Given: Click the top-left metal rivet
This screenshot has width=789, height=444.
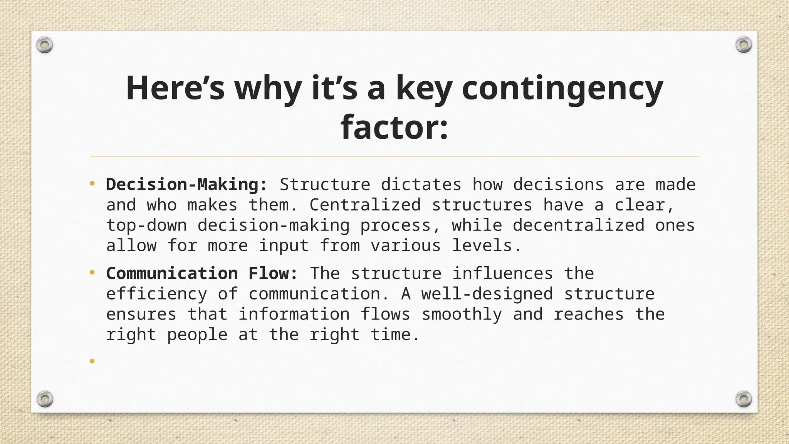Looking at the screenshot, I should click(x=45, y=45).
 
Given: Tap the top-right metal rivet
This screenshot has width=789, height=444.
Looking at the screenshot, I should click(x=744, y=45).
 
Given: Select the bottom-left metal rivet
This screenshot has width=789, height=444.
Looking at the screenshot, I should click(x=45, y=399).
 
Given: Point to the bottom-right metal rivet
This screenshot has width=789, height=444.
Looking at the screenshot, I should click(x=744, y=399).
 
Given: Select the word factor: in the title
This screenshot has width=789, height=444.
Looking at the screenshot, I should click(x=394, y=128).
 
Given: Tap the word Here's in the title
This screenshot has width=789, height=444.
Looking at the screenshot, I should click(x=175, y=89).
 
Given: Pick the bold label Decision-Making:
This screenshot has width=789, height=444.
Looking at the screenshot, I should click(x=186, y=185).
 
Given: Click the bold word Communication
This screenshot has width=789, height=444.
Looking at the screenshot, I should click(x=172, y=274).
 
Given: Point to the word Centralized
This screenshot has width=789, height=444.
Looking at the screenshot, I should click(x=365, y=205).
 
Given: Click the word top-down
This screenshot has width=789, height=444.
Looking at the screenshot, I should click(x=146, y=226).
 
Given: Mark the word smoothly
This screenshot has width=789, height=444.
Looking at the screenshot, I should click(x=462, y=314).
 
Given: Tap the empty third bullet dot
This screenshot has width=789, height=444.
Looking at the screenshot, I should click(x=92, y=361).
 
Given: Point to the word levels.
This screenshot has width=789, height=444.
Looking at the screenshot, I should click(x=486, y=246).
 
